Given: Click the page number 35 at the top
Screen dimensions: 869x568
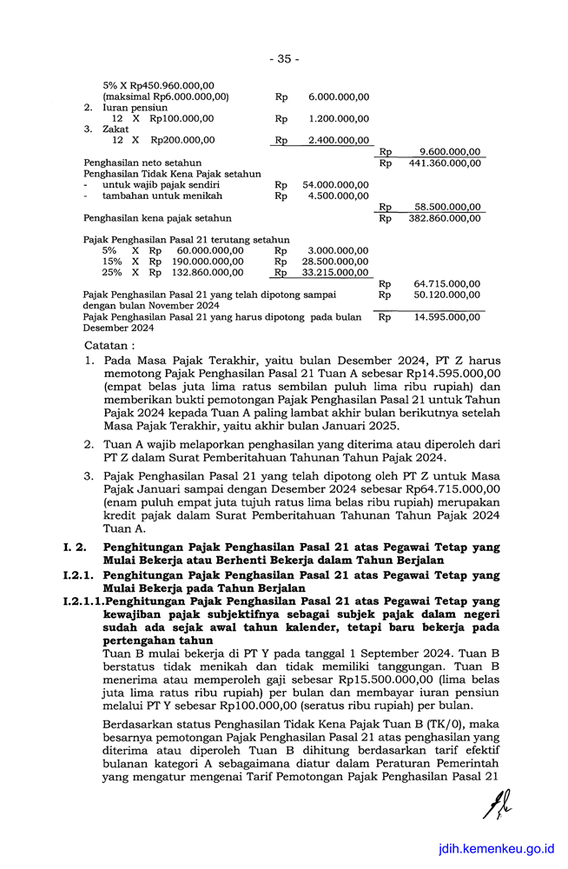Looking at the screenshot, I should (x=284, y=59).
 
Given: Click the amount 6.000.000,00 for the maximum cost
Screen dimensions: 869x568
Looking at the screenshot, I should (x=339, y=97).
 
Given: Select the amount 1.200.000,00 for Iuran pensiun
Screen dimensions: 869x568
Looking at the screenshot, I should (x=339, y=119).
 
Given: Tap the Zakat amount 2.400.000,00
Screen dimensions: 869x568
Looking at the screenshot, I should (x=339, y=140).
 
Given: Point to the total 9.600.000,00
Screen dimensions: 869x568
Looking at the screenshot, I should (x=449, y=151).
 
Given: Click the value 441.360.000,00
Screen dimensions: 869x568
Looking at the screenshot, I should (x=445, y=163).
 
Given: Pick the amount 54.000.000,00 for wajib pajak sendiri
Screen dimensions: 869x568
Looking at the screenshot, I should (x=335, y=185).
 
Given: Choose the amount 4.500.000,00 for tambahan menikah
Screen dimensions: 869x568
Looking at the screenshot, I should (x=339, y=196).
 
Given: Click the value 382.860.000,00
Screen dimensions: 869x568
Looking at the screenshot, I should (x=445, y=218).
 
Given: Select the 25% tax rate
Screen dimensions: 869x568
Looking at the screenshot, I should (x=111, y=273).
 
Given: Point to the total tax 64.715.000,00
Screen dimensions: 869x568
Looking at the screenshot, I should (x=447, y=283).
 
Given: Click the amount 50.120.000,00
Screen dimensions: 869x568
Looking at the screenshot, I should (x=447, y=295).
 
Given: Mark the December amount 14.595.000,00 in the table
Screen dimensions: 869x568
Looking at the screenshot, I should (x=447, y=317).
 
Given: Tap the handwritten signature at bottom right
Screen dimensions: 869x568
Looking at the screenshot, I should (x=499, y=812).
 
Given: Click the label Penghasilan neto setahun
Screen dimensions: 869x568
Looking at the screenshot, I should (x=142, y=163).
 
